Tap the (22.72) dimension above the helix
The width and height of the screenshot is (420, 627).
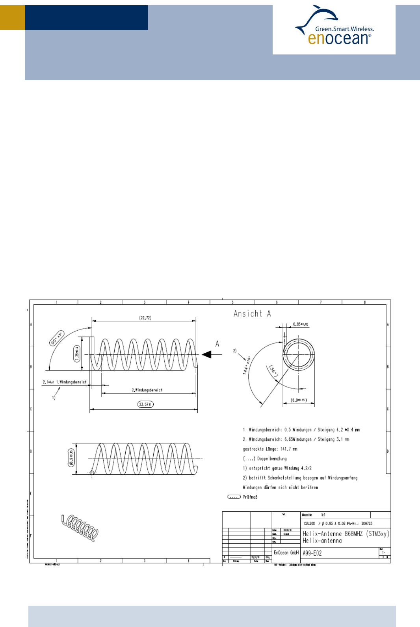coord(145,318)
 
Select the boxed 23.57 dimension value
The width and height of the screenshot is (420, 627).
coord(145,404)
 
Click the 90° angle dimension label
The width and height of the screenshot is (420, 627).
coord(57,339)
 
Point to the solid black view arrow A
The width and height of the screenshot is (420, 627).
coord(207,354)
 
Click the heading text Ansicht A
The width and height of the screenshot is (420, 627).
coord(252,314)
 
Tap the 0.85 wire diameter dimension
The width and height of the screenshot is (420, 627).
coord(301,324)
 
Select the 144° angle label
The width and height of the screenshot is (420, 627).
coord(247,365)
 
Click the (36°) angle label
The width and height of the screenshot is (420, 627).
coord(273,371)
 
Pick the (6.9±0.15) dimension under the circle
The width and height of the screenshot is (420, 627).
coord(299,400)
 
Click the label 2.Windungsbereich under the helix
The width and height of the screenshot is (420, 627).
coord(147,390)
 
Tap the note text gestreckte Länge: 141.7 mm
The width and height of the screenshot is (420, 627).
coord(270,449)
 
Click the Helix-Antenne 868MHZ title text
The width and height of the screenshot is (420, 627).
coord(346,534)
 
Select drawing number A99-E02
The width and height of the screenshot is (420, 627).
coord(312,553)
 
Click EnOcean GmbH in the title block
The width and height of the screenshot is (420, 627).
coord(286,553)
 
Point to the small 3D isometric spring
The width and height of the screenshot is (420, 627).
coord(80,528)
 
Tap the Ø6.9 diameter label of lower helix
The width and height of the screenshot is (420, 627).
coord(71,458)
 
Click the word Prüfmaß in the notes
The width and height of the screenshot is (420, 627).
coord(250,497)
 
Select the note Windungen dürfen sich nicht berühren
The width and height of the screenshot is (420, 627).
coord(280,488)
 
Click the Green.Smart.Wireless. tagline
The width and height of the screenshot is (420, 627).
coord(344,29)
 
